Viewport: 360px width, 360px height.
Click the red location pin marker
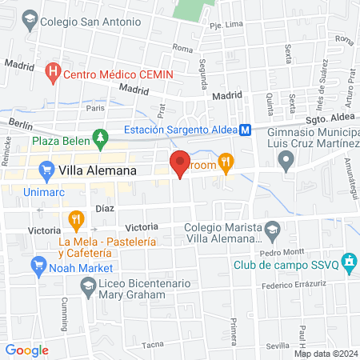(x=180, y=162)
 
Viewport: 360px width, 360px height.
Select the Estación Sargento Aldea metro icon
(x=246, y=130)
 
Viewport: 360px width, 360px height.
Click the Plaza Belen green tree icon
(x=100, y=139)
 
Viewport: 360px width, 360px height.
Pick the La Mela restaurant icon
(x=76, y=218)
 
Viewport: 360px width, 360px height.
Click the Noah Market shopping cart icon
(x=36, y=263)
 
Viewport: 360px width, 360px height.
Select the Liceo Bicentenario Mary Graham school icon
(x=87, y=286)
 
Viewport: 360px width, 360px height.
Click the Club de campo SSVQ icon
(x=347, y=262)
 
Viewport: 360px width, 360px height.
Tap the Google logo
(x=26, y=350)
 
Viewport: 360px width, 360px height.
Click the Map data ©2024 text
(x=326, y=354)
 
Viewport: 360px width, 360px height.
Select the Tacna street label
(x=153, y=345)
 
